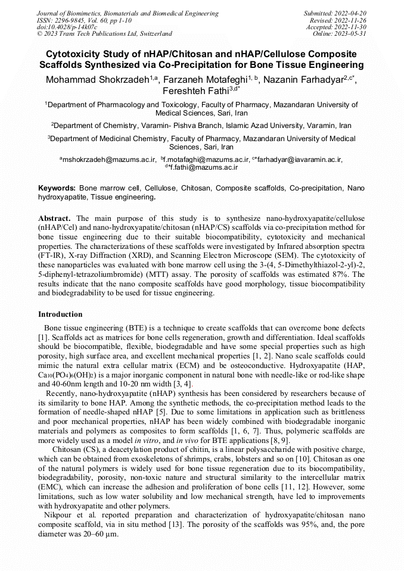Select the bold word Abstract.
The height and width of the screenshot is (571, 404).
pyautogui.click(x=54, y=219)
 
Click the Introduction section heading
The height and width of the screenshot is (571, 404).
pyautogui.click(x=60, y=314)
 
